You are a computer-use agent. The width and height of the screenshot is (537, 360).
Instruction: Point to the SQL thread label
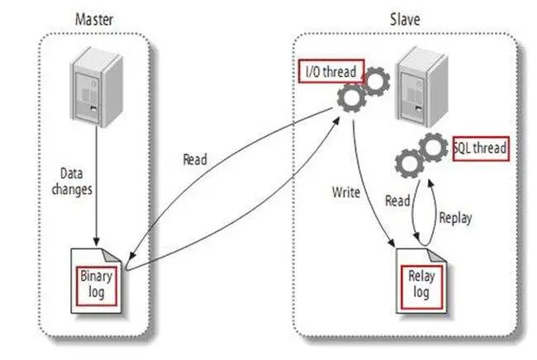coord(480,149)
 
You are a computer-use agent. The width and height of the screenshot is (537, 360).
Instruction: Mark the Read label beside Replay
coord(398,200)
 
